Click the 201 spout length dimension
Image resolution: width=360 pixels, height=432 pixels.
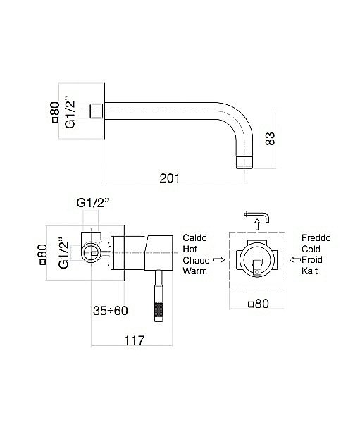(x=169, y=179)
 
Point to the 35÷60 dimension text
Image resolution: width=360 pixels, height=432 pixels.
(x=111, y=310)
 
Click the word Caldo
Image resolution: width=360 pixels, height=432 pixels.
(x=195, y=238)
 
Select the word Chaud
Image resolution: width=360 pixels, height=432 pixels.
(x=197, y=260)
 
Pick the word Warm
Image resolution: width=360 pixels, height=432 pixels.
(x=195, y=271)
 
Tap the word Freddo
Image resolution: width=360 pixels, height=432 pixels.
(x=316, y=238)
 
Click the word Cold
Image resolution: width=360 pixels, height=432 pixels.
(x=312, y=249)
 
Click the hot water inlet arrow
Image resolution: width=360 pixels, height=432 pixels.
(x=218, y=260)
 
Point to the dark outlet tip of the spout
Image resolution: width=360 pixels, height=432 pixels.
(x=244, y=161)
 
